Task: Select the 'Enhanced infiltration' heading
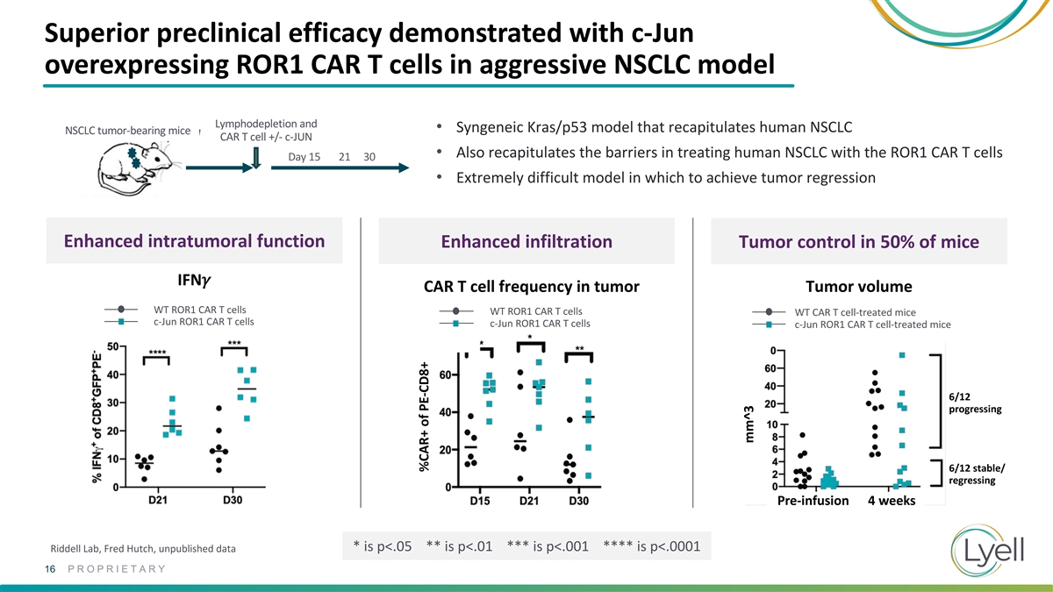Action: (526, 242)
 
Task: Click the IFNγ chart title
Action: (194, 281)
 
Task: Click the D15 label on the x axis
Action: (480, 502)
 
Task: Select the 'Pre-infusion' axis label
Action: (813, 501)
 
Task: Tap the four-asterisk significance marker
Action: (158, 353)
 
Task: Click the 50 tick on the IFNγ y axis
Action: (113, 346)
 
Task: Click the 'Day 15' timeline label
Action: (304, 157)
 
